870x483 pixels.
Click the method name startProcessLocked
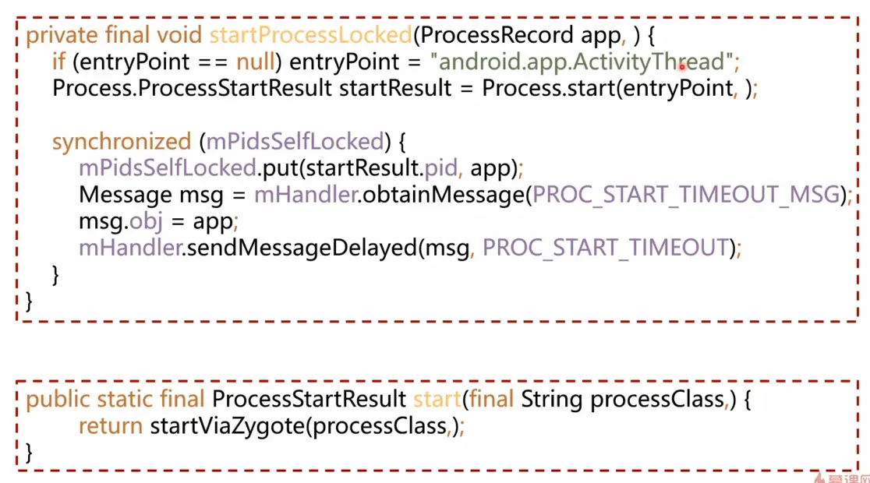coord(309,35)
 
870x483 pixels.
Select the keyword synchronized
coord(121,142)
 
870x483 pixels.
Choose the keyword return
coord(110,426)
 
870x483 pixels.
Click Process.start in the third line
coord(547,88)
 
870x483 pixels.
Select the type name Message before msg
coord(125,195)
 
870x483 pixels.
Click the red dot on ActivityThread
coord(682,67)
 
